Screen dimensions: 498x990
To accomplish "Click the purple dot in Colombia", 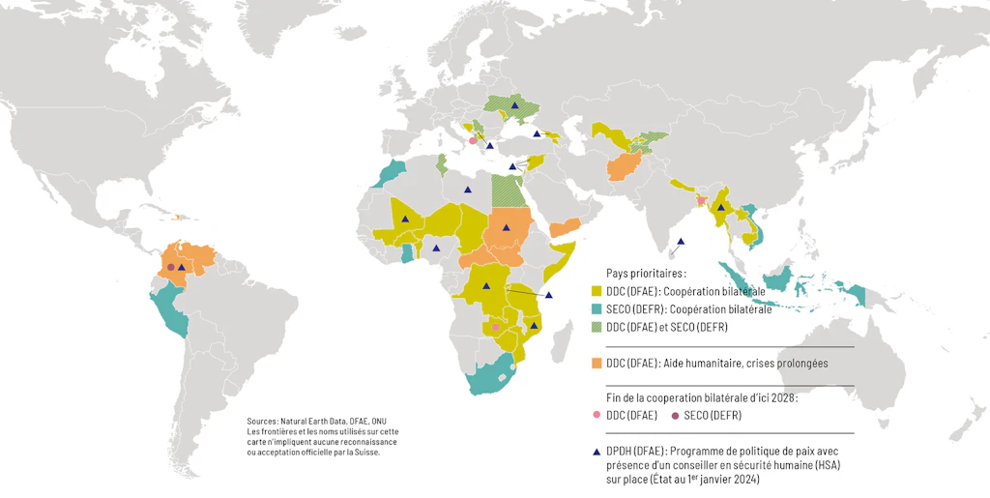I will click(x=171, y=267).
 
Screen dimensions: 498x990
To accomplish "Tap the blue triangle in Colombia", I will click(x=182, y=267).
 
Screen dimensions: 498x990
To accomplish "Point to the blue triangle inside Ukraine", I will click(x=515, y=104).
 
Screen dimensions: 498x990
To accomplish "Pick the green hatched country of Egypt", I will click(x=505, y=190).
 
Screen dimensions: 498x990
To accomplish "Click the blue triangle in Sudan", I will click(x=506, y=227).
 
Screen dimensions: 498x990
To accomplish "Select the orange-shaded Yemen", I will click(x=567, y=228).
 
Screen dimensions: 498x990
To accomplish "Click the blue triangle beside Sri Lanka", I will click(x=682, y=241).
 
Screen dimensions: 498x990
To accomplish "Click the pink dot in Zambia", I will click(x=496, y=327).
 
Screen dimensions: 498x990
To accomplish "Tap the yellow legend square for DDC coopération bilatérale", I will click(x=597, y=291).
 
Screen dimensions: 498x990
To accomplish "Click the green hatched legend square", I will click(x=597, y=328).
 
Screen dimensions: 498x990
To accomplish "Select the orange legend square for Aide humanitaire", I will click(x=597, y=363).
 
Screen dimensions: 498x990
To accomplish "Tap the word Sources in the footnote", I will click(x=262, y=422).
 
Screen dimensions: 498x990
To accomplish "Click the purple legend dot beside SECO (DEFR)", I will click(x=675, y=416).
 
